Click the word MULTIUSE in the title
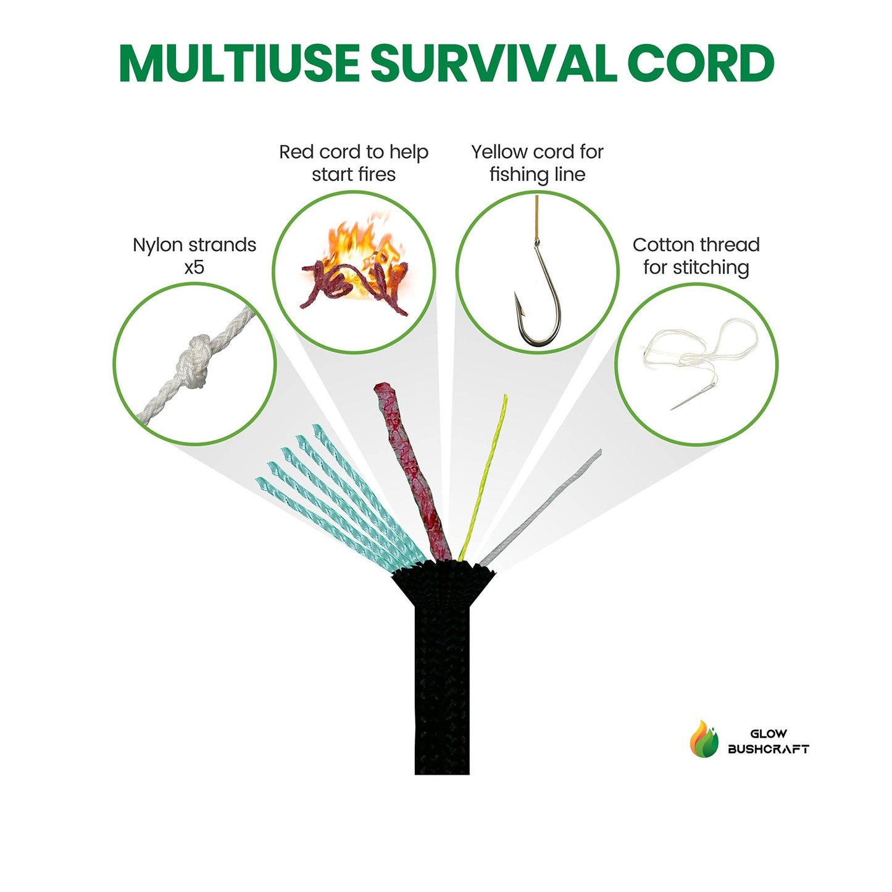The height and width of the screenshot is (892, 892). [x=239, y=63]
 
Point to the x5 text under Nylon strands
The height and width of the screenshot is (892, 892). [x=194, y=267]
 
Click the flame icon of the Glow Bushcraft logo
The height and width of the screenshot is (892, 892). [x=704, y=739]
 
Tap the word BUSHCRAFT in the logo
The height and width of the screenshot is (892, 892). [x=768, y=749]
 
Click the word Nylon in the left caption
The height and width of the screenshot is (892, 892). [x=160, y=245]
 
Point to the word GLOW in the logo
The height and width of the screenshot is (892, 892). [x=769, y=734]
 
